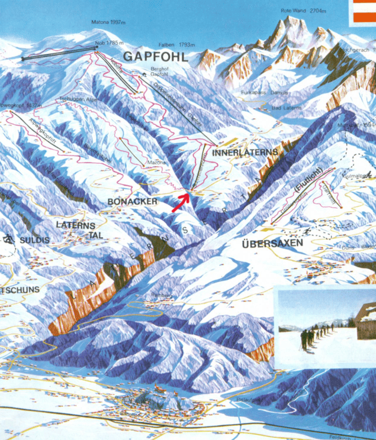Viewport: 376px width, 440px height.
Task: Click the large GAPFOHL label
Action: tap(155, 57)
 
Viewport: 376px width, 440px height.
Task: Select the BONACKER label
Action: tap(133, 202)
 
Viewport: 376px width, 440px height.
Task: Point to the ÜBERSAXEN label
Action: tap(272, 243)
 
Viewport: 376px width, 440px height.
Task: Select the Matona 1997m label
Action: tap(108, 22)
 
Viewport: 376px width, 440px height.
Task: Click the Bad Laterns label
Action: tap(287, 108)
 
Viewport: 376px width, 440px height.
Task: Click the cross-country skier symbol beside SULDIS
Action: tap(8, 240)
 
